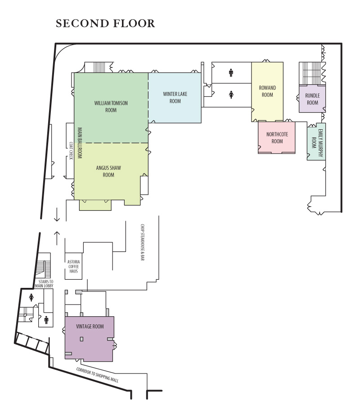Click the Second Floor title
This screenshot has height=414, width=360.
coord(105,23)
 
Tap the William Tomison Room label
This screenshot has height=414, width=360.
coord(111,106)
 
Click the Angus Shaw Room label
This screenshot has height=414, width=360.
coord(108,171)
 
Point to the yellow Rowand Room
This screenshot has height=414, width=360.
coord(267,91)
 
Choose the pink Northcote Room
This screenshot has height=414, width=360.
coord(277,137)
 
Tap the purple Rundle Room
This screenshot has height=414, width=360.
coord(312,99)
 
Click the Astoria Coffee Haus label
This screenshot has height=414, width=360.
coord(73,267)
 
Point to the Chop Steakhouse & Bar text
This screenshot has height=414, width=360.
coord(142,242)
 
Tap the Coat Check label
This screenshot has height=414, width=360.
coord(71,151)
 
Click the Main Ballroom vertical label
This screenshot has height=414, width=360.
coord(80,143)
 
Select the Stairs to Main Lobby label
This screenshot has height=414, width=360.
coord(45,283)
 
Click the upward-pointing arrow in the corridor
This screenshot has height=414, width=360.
coord(57,237)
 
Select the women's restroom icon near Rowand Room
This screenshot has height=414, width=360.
coord(231,95)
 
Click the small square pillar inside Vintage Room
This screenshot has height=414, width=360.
coord(81,339)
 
